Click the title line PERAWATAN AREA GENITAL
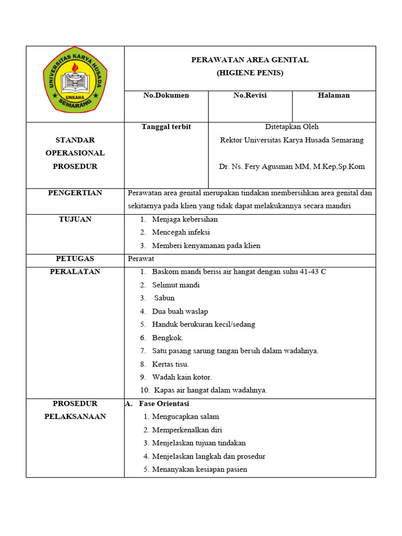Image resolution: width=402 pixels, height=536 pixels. click(x=250, y=60)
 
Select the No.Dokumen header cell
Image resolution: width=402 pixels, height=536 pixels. click(x=166, y=95)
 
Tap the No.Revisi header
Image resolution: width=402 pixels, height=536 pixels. click(x=250, y=95)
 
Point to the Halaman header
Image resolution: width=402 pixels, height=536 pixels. click(x=333, y=95)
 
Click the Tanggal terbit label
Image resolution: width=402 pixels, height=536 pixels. click(x=166, y=127)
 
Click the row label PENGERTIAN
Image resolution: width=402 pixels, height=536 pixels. click(x=75, y=193)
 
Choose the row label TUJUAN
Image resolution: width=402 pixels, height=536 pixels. click(x=75, y=219)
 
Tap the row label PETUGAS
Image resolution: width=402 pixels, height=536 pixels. click(x=75, y=259)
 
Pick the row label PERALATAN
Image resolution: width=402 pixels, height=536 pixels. click(x=75, y=272)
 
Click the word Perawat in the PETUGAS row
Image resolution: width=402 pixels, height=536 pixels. click(x=141, y=259)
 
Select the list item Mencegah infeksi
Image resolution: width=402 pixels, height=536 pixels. click(x=181, y=232)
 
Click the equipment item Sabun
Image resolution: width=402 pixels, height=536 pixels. click(x=164, y=298)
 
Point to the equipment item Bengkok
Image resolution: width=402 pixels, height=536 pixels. click(x=167, y=338)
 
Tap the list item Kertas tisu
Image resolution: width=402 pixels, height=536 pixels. click(x=170, y=364)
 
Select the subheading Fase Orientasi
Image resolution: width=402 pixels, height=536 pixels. click(x=164, y=404)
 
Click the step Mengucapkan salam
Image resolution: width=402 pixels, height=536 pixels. click(x=185, y=417)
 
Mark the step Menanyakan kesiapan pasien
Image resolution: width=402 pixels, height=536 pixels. click(x=199, y=470)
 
